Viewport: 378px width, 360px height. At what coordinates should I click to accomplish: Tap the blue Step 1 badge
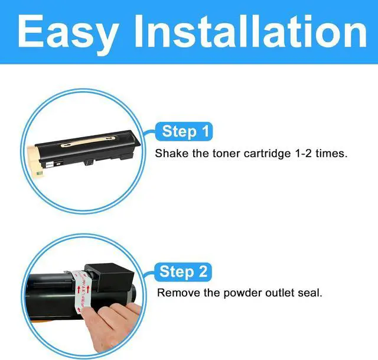[x=184, y=131]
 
